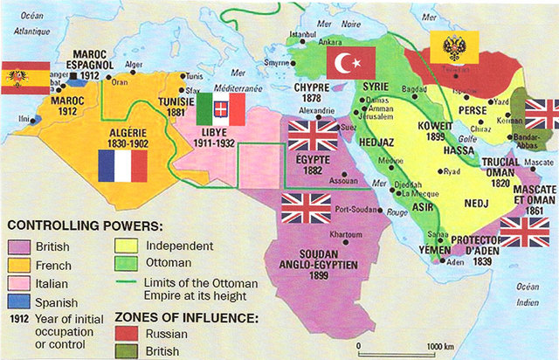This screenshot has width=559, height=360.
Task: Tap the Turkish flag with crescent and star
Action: click(x=350, y=62)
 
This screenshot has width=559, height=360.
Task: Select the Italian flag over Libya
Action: click(x=220, y=110)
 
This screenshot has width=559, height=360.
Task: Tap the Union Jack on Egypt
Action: click(x=312, y=135)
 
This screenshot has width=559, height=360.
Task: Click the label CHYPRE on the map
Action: click(x=310, y=88)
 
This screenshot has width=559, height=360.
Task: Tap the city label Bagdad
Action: click(x=413, y=90)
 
